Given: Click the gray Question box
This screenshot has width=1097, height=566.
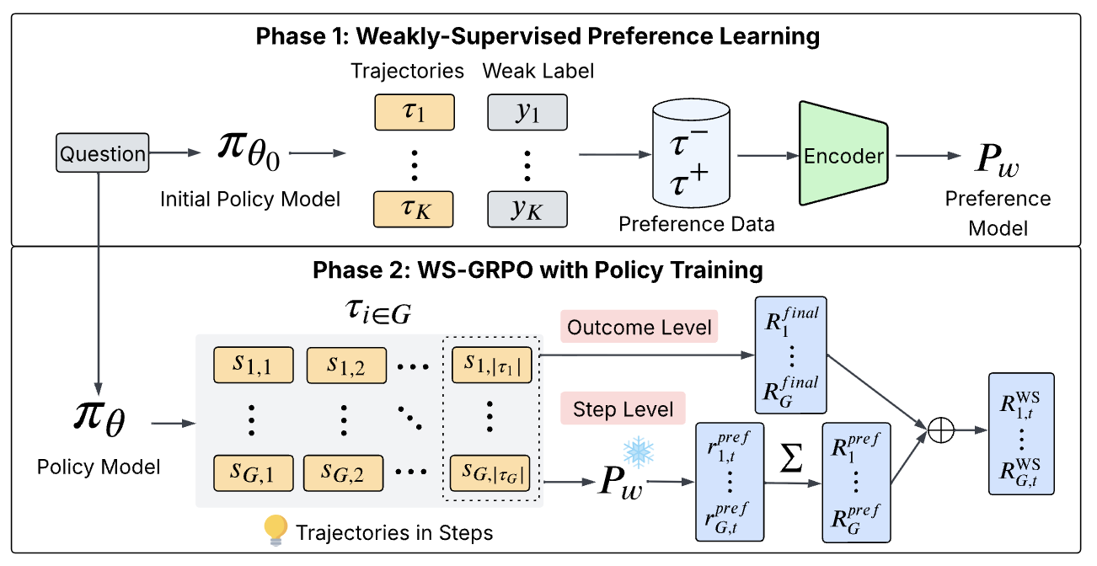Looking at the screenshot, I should coord(104,154).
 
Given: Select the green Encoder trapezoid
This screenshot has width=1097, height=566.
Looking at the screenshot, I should coord(843,155).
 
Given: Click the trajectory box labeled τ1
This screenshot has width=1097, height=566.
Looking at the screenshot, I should coord(414,112).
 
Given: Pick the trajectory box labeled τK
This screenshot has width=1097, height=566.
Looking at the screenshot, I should coord(414,210).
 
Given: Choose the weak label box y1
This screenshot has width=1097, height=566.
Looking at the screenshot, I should coord(527,112).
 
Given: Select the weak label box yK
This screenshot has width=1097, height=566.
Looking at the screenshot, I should coord(527,210).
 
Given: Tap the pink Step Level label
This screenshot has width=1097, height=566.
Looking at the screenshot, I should coord(623,409).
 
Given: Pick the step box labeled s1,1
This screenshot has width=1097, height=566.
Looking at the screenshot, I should coord(253,364).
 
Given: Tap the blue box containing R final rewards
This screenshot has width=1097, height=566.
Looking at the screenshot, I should coord(791,355).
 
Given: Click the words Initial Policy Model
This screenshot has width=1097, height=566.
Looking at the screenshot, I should coord(250,199).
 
